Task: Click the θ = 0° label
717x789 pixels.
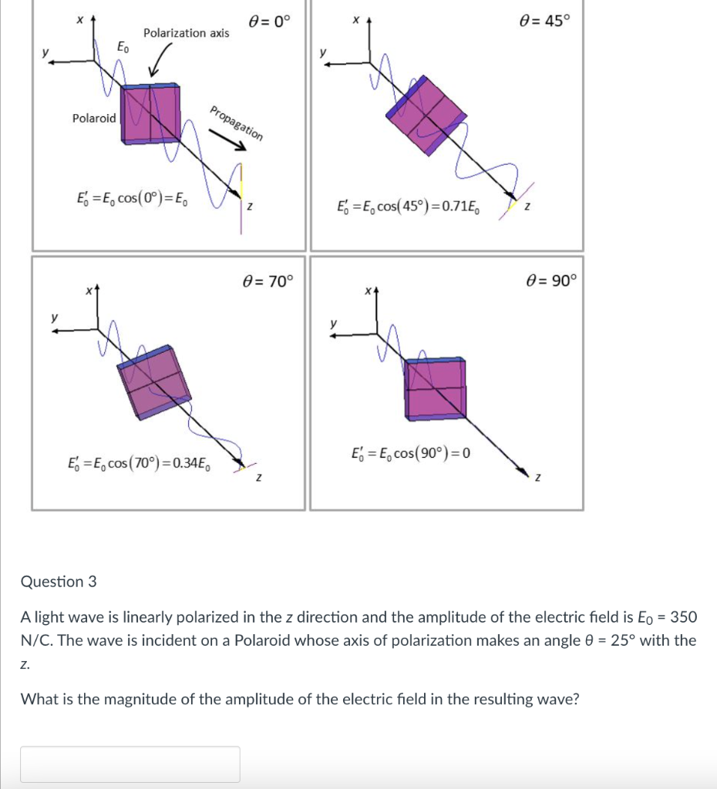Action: click(x=270, y=22)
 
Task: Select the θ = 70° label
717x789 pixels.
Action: click(x=268, y=281)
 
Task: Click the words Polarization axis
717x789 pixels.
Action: click(x=186, y=33)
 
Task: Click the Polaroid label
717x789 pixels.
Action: click(x=94, y=118)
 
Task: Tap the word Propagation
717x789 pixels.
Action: click(x=237, y=122)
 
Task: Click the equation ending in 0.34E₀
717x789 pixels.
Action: click(x=139, y=463)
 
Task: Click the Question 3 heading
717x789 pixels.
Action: click(x=59, y=582)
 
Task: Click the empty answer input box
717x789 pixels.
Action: click(x=130, y=764)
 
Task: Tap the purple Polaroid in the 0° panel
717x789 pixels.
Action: click(x=151, y=114)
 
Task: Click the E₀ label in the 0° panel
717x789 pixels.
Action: click(x=123, y=48)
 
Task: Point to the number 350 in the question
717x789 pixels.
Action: click(x=683, y=617)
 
